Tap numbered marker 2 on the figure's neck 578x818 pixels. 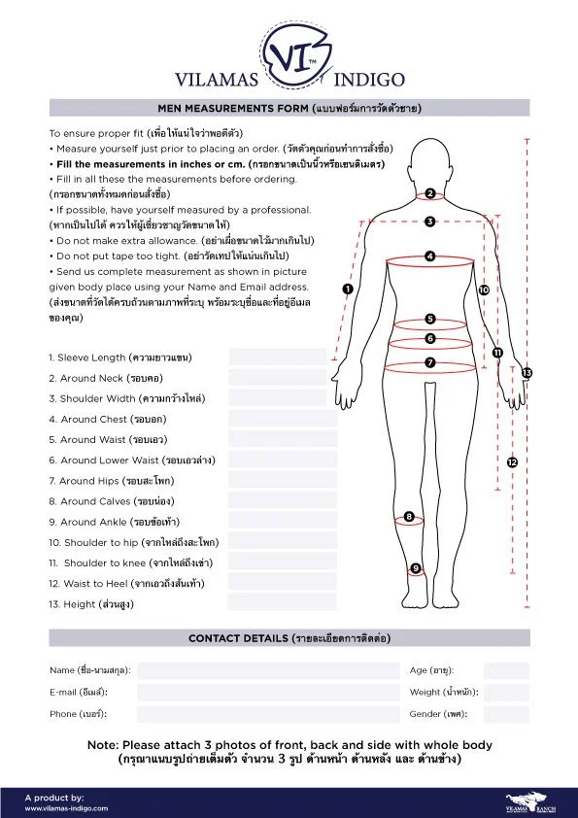tap(429, 193)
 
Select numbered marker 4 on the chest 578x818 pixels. tap(429, 256)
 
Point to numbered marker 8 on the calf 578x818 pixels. tap(409, 517)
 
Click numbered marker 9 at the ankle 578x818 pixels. tap(416, 568)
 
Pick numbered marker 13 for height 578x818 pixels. tap(527, 372)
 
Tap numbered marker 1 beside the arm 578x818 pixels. tap(348, 289)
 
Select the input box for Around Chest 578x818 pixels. tap(283, 419)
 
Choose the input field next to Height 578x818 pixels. tap(283, 602)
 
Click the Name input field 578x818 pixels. tap(268, 670)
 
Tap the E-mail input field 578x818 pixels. tap(268, 692)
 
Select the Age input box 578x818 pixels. tap(506, 670)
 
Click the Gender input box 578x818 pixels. tap(506, 714)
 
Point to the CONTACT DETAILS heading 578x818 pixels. tap(289, 638)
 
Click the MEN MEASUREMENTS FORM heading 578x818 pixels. tap(289, 107)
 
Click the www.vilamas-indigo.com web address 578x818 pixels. tap(67, 807)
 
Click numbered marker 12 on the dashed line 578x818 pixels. tap(512, 462)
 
